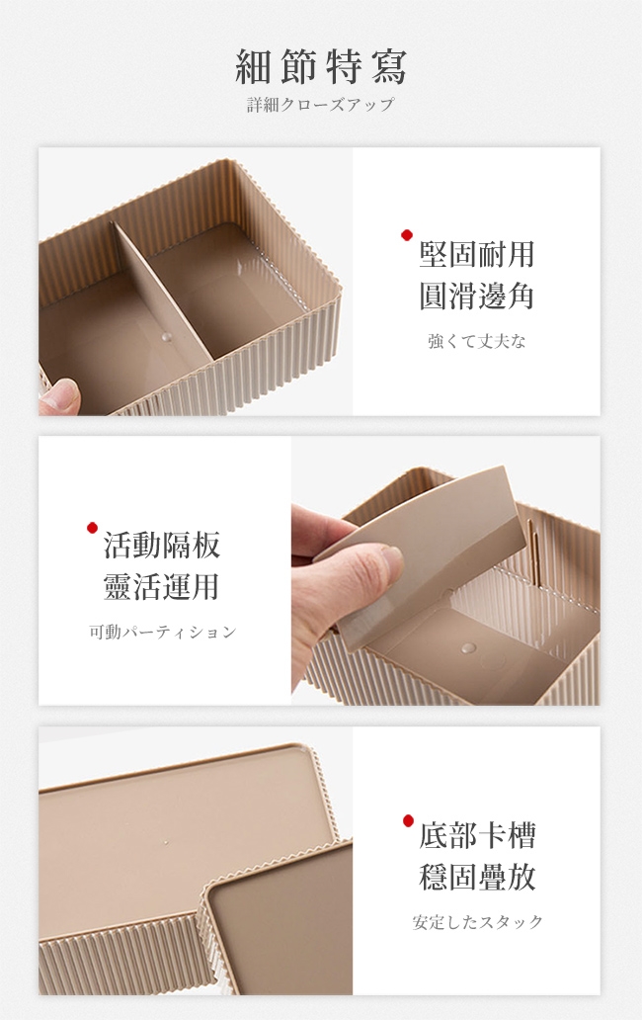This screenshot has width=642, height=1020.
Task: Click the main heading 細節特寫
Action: coord(321,66)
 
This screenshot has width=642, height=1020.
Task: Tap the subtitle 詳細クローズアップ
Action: coord(321,104)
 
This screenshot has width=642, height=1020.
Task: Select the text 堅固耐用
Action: coord(477,254)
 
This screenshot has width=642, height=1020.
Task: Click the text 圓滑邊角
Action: coord(477,296)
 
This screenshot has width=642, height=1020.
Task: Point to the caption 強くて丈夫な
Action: coord(477,341)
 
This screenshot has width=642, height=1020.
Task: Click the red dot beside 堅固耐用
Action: coord(407,235)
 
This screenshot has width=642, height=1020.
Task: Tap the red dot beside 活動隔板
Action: coord(92,528)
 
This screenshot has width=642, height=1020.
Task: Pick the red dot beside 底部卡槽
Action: coord(408,820)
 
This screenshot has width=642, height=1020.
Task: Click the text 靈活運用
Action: coord(162,587)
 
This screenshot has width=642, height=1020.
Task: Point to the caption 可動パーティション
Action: coord(162,632)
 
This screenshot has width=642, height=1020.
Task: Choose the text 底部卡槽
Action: coord(478,835)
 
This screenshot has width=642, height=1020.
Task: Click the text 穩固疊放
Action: coord(478,877)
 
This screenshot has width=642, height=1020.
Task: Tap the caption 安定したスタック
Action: coord(478,922)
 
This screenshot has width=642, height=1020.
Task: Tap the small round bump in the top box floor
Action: coord(167,337)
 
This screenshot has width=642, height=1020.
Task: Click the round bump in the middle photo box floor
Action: coord(468,648)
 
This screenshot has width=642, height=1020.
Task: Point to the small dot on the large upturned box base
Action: coord(166,843)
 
